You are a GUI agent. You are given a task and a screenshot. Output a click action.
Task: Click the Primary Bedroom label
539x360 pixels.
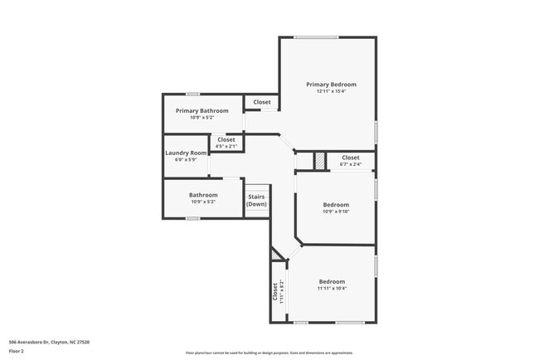click(331, 85)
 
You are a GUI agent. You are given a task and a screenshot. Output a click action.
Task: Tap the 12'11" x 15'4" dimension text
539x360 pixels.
click(331, 91)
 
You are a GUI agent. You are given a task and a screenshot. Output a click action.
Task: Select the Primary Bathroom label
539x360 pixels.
click(202, 110)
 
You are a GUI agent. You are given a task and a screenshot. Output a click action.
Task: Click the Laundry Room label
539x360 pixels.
click(186, 153)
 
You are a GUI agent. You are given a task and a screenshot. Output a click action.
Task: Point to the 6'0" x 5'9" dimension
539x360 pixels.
click(186, 159)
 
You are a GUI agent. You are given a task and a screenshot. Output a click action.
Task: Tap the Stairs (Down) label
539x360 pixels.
click(257, 200)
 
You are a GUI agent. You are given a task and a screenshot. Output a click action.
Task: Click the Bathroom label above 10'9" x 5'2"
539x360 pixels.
click(203, 195)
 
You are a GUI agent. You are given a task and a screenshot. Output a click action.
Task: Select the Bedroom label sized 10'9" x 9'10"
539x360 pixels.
click(336, 204)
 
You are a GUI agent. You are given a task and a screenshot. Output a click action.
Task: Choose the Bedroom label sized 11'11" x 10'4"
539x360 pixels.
click(332, 281)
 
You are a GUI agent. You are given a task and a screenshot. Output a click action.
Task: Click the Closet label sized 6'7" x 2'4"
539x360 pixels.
click(351, 158)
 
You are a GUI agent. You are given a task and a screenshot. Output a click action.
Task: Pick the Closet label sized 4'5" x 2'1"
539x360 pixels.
click(226, 139)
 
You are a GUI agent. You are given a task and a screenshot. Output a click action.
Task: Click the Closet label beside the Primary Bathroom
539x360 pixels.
click(262, 102)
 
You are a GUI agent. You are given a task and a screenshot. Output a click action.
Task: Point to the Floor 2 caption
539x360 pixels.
click(17, 351)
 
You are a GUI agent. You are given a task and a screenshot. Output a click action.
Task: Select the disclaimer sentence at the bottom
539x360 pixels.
click(269, 353)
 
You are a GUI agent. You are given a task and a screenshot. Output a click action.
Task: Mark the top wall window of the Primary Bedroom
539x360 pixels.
click(316, 36)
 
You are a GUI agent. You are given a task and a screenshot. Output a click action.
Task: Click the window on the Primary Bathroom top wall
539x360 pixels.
click(192, 94)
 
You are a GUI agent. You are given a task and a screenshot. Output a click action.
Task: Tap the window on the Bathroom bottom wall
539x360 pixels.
click(192, 218)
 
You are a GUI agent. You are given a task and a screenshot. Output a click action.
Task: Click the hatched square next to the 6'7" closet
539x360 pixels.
click(318, 159)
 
